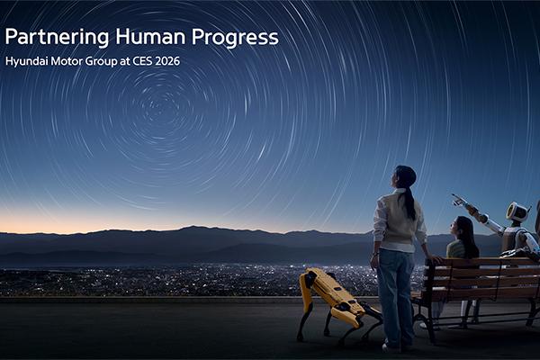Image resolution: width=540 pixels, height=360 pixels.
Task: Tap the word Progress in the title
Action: (x=236, y=38)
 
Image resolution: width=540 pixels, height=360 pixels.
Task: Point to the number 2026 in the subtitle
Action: (x=201, y=62)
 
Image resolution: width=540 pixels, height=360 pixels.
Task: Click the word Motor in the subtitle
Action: (x=73, y=62)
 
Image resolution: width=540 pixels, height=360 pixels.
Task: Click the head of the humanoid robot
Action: (x=517, y=212)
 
